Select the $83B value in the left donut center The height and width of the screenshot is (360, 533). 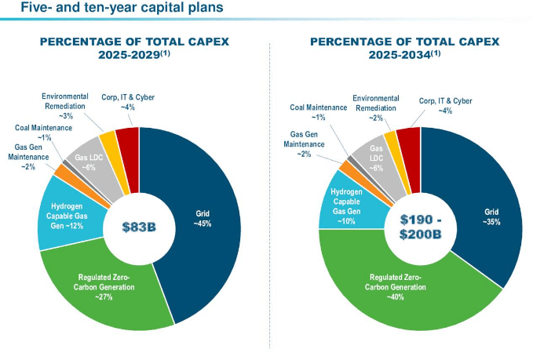click(x=139, y=227)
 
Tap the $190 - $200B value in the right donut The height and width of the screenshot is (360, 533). click(x=421, y=227)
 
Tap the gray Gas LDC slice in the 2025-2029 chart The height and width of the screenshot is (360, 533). click(x=89, y=165)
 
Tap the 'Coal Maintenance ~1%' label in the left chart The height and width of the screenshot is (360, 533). click(x=42, y=132)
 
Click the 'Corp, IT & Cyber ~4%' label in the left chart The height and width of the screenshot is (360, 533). click(x=128, y=102)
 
